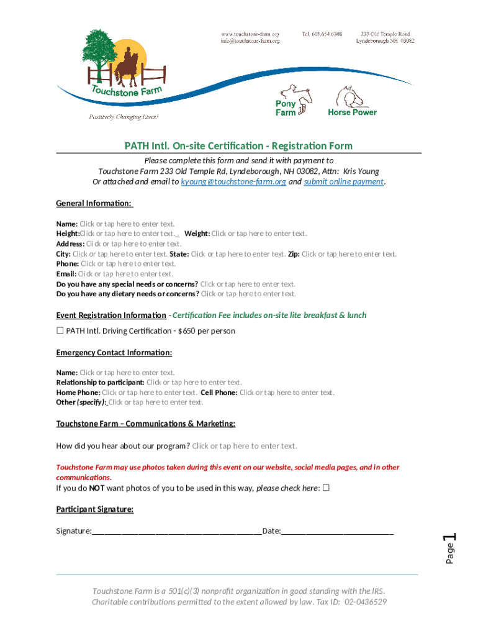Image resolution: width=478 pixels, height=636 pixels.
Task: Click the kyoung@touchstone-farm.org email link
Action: click(233, 182)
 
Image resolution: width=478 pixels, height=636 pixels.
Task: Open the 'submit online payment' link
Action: click(344, 182)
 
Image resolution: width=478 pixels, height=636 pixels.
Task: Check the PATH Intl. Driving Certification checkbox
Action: click(60, 331)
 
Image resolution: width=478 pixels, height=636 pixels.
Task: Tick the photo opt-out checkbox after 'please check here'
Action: click(326, 488)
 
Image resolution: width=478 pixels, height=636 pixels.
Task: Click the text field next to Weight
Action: click(259, 234)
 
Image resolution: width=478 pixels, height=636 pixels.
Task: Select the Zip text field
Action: click(349, 254)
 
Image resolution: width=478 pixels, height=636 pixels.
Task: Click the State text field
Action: click(238, 254)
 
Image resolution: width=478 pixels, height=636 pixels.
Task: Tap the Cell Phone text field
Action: click(287, 393)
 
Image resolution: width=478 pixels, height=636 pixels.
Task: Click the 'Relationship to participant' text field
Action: click(194, 383)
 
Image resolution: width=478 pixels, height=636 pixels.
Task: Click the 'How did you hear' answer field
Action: click(245, 446)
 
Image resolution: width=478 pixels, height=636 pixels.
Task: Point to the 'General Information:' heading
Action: click(94, 203)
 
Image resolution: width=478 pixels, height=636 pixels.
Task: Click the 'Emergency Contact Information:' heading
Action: click(114, 353)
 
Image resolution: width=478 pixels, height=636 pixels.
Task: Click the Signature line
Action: click(177, 532)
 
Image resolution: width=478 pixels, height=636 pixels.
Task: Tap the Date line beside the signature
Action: click(338, 532)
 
